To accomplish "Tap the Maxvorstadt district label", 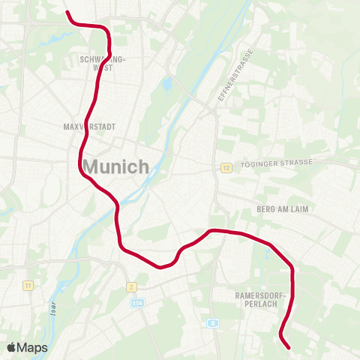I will tap(90, 127).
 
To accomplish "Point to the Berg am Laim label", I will tap(283, 209).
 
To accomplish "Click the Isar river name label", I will tap(53, 308).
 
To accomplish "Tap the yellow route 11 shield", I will tap(28, 286).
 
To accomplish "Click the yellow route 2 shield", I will tap(131, 286).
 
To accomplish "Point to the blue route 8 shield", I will tap(213, 323).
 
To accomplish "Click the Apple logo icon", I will tap(12, 347).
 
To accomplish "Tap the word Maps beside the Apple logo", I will tap(33, 347).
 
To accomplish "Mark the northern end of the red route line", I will tap(68, 12).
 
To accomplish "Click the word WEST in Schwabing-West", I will tap(102, 67).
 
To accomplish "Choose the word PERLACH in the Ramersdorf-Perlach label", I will tap(256, 304).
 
